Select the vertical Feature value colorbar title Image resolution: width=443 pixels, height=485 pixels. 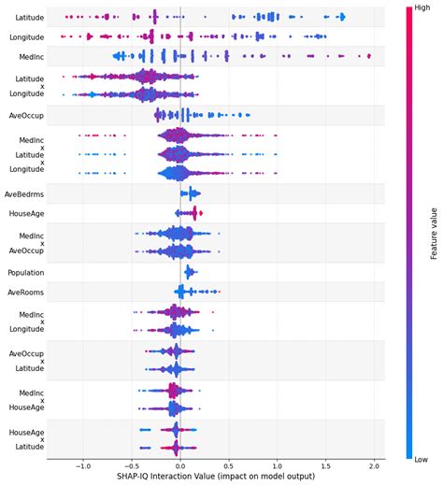point(434,234)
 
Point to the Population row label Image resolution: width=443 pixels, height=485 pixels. point(26,272)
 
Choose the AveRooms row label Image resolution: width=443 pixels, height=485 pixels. point(26,292)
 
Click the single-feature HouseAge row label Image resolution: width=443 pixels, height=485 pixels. point(26,213)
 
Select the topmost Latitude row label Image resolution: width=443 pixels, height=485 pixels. point(28,18)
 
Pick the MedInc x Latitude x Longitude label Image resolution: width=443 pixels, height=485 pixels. point(32,154)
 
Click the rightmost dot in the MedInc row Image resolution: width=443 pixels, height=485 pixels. point(369,56)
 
